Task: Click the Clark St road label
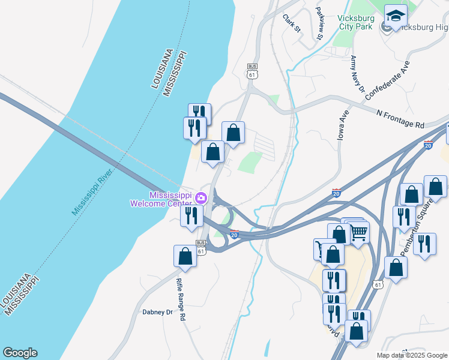[x=292, y=23]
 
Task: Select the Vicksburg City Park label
[x=356, y=22]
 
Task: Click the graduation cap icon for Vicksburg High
[x=396, y=16]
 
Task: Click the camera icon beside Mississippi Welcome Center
[x=202, y=197]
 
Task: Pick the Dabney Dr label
[x=157, y=312]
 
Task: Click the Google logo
[x=20, y=353]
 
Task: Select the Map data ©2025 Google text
[x=411, y=355]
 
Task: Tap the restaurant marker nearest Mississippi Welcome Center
[x=192, y=215]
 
